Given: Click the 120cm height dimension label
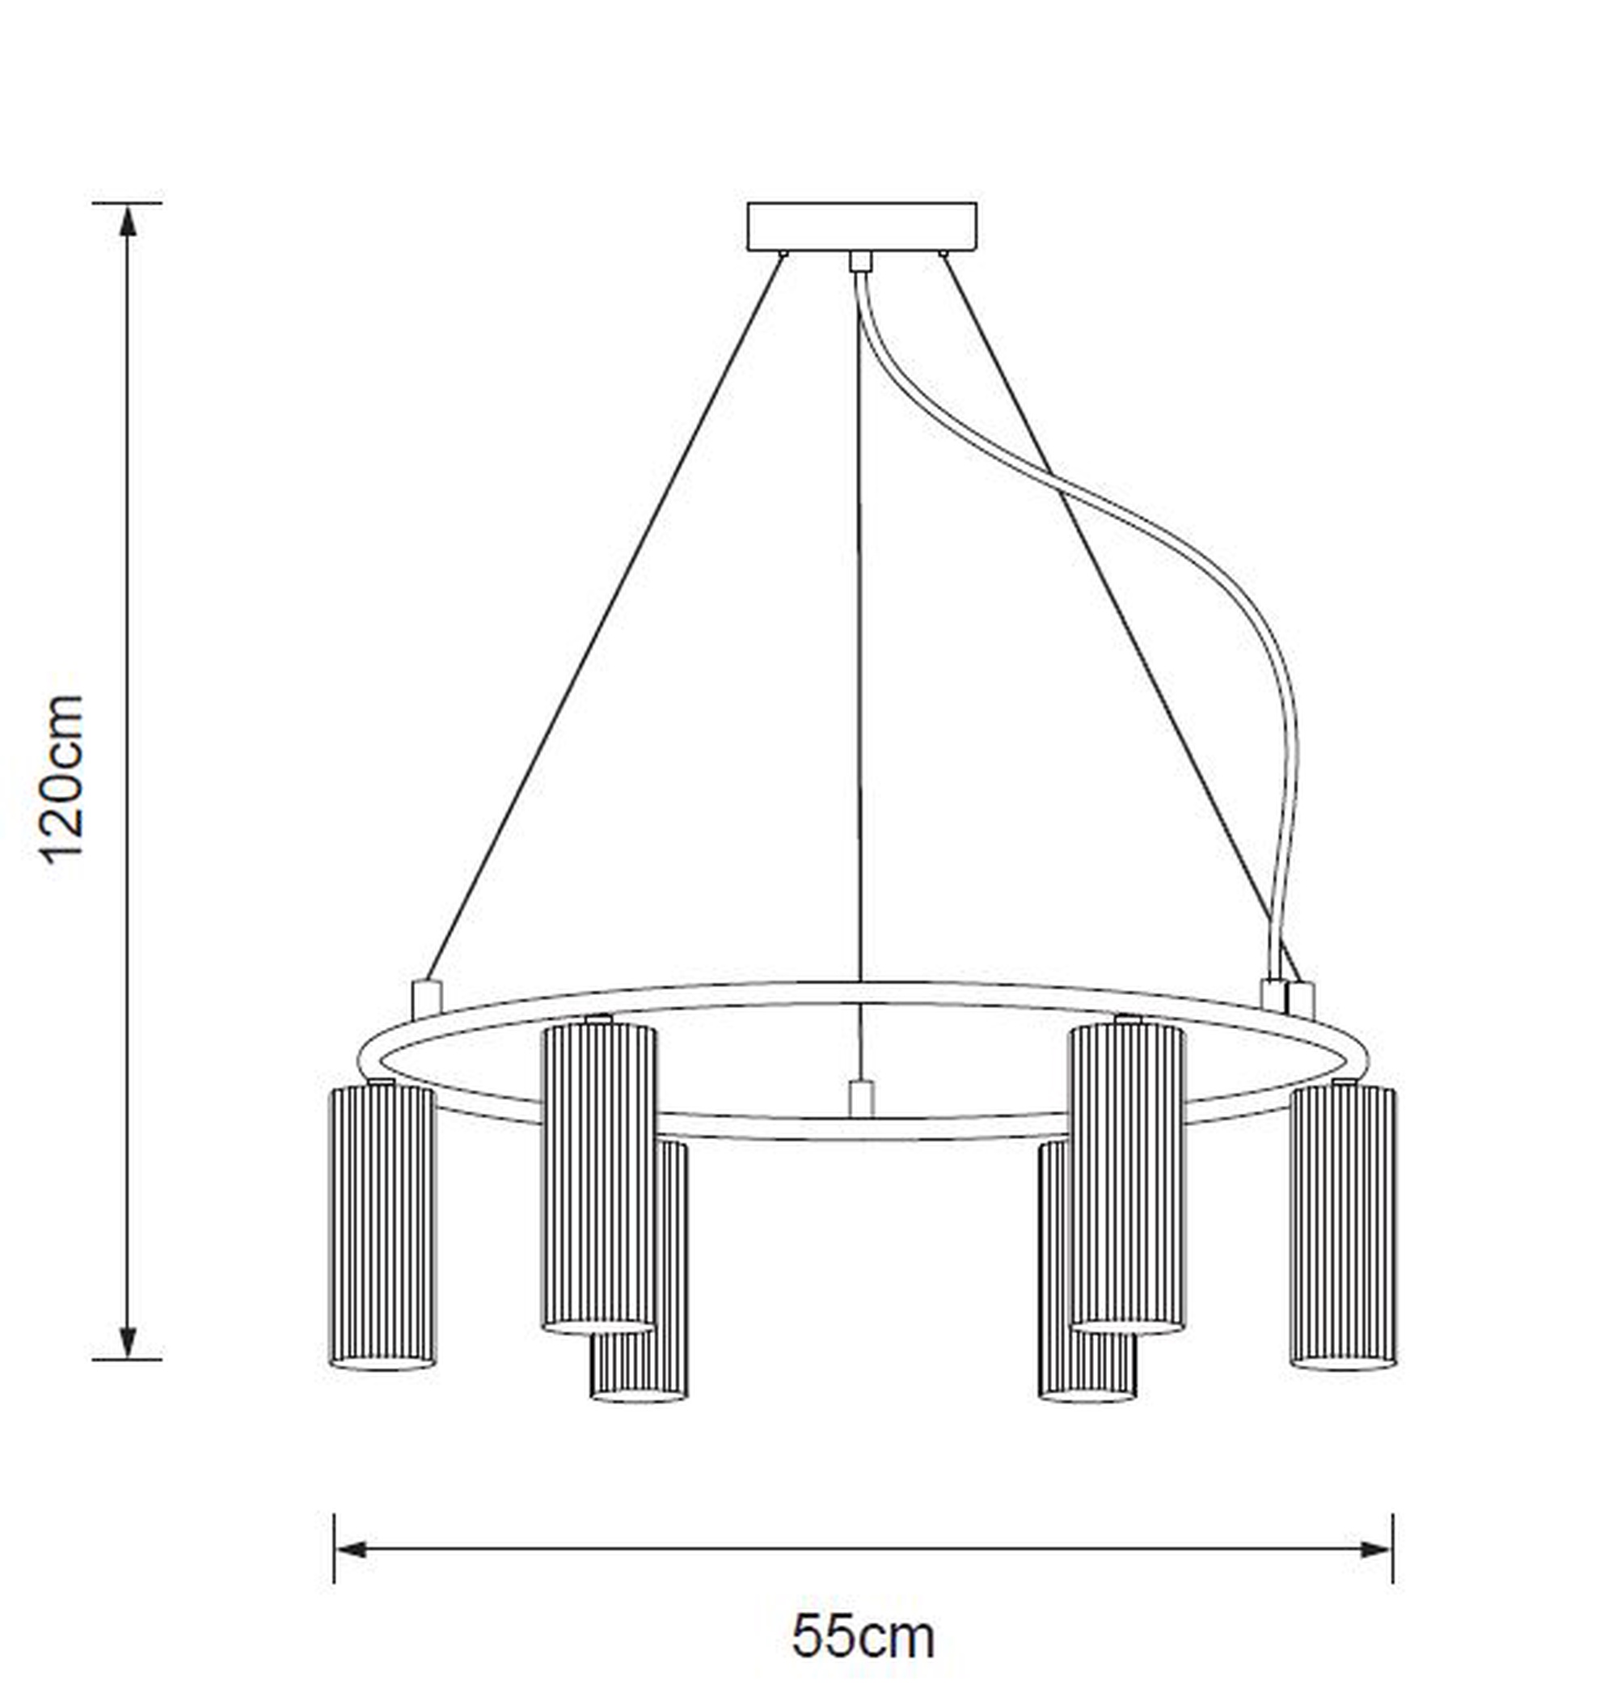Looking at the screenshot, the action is tap(62, 778).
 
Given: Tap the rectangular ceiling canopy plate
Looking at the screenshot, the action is tap(862, 226).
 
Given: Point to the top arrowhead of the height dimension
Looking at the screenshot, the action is tap(128, 222).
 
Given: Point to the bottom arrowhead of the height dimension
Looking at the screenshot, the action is tap(128, 1340).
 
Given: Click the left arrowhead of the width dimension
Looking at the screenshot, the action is tap(352, 1549).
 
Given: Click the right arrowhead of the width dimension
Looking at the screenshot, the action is tap(1375, 1549).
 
